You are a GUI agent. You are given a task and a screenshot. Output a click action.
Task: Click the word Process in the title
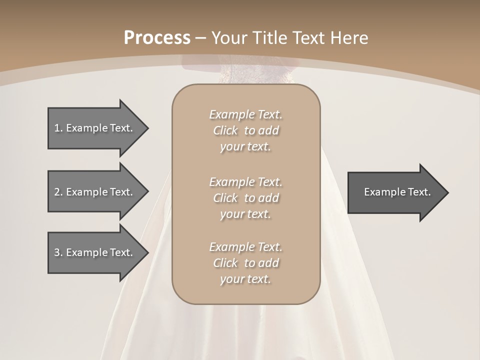coord(157,38)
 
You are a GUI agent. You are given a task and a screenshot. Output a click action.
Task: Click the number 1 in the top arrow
coord(57,128)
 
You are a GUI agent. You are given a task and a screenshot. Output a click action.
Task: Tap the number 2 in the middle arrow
coord(57,192)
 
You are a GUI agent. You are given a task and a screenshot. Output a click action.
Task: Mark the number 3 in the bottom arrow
coord(57,252)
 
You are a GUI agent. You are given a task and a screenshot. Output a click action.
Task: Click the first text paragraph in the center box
coord(245,130)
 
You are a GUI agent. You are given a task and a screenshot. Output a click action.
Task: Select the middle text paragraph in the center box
coord(245,198)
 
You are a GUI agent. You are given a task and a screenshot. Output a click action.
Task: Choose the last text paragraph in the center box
coord(245,263)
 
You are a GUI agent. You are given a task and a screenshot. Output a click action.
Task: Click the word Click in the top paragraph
coord(225,130)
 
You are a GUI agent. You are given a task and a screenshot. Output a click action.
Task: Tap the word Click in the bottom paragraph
coord(225,263)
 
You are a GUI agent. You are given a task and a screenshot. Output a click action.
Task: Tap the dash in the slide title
coord(201,38)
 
